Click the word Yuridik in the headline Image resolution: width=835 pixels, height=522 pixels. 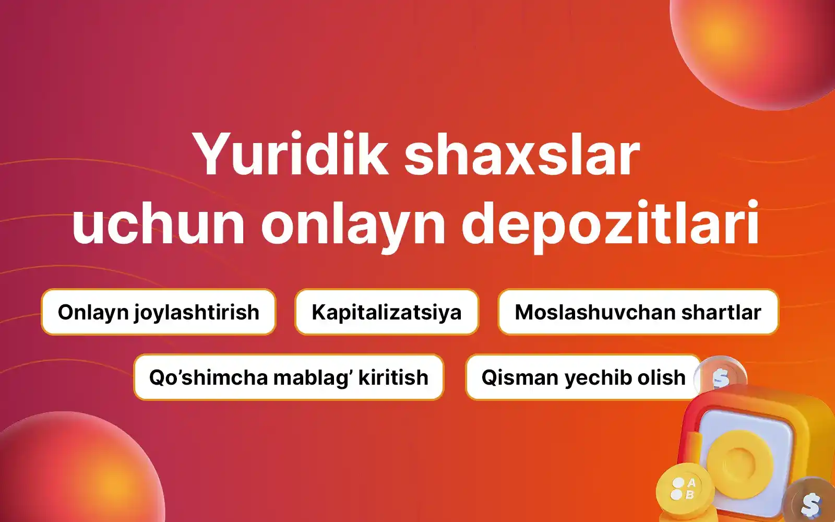290,154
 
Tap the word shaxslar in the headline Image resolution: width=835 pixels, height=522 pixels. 522,153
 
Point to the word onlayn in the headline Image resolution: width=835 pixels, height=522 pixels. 353,227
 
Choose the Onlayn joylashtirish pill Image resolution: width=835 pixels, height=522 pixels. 159,312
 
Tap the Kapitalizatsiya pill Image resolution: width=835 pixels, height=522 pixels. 387,312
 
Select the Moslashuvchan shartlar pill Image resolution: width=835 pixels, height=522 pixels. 638,312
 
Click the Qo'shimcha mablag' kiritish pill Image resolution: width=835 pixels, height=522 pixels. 289,377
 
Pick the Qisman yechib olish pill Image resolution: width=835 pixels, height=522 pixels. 583,377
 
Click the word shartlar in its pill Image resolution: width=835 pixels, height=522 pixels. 721,312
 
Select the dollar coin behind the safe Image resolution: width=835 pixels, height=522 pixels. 721,376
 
